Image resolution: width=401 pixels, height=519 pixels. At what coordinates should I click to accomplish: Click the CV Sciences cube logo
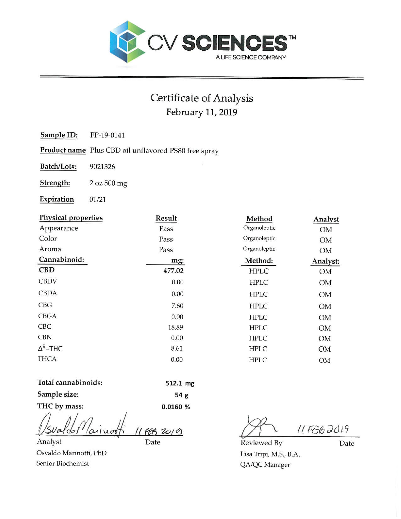click(x=127, y=42)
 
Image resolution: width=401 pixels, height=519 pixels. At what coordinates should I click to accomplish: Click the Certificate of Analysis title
click(x=202, y=98)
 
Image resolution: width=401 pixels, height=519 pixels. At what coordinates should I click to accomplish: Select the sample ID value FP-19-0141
click(x=107, y=135)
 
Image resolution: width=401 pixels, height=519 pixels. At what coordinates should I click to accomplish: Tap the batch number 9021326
click(x=102, y=166)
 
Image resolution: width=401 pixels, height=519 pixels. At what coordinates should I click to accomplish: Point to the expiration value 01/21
click(x=97, y=199)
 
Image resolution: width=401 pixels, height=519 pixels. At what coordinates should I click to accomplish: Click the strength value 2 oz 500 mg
click(x=108, y=183)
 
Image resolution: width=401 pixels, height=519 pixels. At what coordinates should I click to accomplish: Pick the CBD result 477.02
click(x=173, y=271)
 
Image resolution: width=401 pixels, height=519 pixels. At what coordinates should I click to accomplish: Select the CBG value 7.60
click(x=177, y=306)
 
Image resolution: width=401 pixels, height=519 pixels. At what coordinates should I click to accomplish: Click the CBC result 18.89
click(x=175, y=327)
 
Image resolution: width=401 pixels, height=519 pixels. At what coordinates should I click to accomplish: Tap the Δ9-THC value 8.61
click(x=177, y=349)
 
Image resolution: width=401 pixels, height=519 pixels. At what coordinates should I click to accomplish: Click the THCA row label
click(x=47, y=359)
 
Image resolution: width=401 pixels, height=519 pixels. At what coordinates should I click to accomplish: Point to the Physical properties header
click(x=71, y=218)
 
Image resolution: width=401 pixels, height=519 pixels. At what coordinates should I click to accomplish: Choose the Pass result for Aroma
click(x=166, y=250)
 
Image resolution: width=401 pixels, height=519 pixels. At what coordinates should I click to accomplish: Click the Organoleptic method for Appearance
click(x=259, y=228)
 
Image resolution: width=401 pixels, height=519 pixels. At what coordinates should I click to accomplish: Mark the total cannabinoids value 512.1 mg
click(x=180, y=383)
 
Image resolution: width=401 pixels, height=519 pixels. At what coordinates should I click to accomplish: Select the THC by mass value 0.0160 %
click(x=175, y=407)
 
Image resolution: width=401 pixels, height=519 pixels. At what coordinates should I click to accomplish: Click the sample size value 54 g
click(x=181, y=395)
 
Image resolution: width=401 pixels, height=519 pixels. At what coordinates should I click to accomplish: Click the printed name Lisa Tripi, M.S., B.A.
click(x=270, y=454)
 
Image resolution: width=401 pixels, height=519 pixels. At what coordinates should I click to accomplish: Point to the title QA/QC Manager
click(x=265, y=465)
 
